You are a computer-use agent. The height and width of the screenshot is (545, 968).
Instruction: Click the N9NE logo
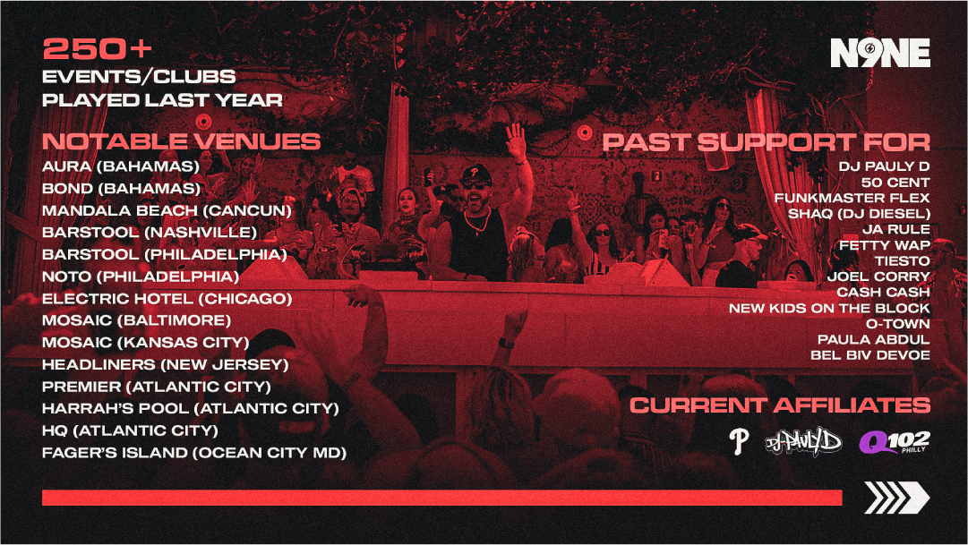(879, 53)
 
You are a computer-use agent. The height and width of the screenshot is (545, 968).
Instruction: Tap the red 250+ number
(97, 49)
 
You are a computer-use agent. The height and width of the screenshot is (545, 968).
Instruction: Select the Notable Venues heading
(181, 141)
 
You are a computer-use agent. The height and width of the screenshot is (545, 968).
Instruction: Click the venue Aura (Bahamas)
(121, 166)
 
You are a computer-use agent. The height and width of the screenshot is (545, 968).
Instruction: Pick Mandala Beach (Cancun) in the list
(167, 210)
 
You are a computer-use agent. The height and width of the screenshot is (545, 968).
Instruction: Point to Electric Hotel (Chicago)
(167, 299)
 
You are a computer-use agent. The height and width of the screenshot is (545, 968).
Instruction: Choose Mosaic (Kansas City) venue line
(146, 343)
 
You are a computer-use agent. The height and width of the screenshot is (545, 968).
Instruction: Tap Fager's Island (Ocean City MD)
(193, 453)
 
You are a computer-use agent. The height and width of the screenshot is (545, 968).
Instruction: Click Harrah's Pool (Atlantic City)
(190, 409)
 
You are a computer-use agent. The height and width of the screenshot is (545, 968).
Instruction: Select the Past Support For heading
(767, 142)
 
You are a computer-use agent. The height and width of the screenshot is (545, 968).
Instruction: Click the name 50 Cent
(895, 183)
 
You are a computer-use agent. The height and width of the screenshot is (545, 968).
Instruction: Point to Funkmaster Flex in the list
(852, 198)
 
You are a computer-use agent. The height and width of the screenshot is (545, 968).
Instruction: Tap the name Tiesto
(903, 261)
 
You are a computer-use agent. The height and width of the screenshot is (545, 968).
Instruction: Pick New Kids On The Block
(829, 308)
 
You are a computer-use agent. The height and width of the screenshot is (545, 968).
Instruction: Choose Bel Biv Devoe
(870, 355)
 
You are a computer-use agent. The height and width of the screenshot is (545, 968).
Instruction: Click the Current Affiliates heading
(780, 405)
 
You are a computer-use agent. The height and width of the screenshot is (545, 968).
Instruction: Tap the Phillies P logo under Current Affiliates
(739, 442)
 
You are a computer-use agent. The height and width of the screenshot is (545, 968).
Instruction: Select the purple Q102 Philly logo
(895, 442)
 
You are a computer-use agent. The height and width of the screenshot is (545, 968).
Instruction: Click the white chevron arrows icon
(897, 498)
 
